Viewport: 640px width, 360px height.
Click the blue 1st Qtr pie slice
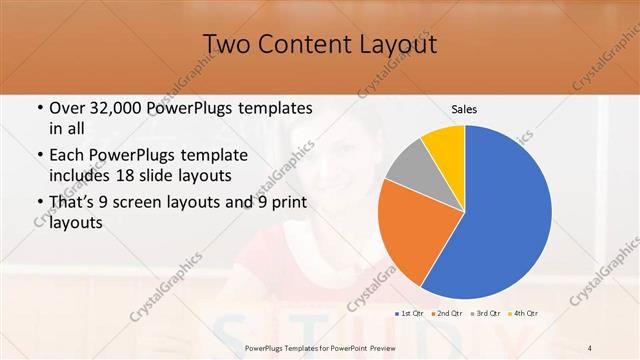click(x=500, y=220)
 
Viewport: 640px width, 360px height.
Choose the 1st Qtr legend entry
click(x=409, y=313)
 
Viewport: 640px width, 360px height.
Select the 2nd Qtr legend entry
click(x=446, y=313)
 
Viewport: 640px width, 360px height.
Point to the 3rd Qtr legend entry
click(x=484, y=313)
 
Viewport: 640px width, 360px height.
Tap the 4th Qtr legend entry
click(x=522, y=313)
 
